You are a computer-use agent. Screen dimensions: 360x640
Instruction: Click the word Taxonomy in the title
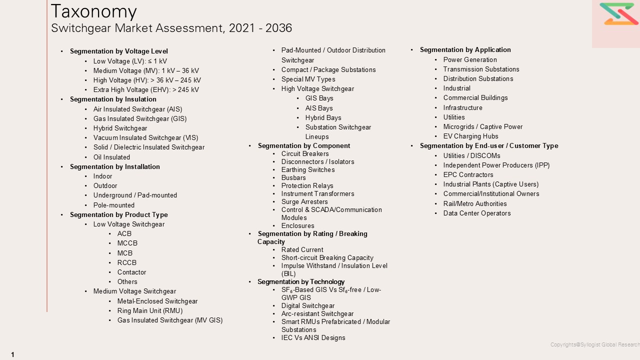pos(93,11)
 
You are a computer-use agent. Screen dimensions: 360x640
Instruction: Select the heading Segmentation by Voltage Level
pos(119,51)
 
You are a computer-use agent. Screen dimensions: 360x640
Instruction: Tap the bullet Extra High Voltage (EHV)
pos(146,90)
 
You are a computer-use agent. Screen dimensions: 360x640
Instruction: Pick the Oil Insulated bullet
pos(111,157)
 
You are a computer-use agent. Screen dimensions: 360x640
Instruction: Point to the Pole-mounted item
pos(114,205)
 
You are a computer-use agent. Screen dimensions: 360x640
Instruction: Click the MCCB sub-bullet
pos(127,243)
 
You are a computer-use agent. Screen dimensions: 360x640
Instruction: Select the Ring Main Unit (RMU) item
pos(150,311)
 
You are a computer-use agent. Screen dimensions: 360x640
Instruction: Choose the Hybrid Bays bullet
pos(323,118)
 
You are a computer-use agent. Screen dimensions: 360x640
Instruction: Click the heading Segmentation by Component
pos(304,146)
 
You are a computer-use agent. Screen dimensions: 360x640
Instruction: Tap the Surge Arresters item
pos(304,202)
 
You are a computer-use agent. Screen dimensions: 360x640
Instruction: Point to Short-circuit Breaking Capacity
pos(327,258)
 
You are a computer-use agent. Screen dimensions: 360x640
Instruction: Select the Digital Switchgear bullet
pos(308,306)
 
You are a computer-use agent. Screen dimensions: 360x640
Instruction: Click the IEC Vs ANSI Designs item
pos(313,338)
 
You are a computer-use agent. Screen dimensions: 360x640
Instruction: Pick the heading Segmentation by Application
pos(465,50)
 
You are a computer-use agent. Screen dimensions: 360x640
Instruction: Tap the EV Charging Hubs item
pos(471,136)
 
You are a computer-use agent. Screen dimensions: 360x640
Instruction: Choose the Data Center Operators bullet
pos(477,213)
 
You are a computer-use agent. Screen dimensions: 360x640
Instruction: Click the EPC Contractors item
pos(468,175)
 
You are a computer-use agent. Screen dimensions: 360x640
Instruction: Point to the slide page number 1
pos(12,354)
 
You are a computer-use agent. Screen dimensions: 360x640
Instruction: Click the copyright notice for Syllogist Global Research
pos(595,344)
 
